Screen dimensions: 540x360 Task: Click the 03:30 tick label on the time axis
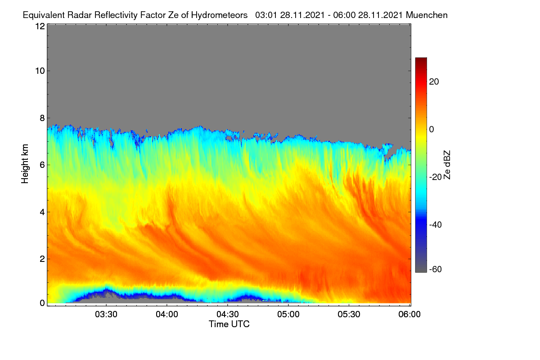click(106, 315)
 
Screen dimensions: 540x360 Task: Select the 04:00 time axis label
click(167, 315)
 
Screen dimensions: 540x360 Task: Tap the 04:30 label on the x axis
click(228, 315)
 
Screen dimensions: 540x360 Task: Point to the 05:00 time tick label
click(288, 315)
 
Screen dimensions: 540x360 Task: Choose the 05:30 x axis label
click(349, 315)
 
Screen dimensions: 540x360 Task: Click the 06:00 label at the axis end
click(409, 315)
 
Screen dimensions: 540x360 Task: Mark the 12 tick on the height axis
click(40, 26)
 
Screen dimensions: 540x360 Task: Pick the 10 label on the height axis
click(40, 71)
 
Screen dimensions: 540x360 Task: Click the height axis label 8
click(42, 118)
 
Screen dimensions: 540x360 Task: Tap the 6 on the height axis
click(42, 165)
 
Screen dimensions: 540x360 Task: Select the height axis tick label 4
click(42, 212)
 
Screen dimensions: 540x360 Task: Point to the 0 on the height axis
click(42, 303)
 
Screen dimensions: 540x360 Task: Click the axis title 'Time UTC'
click(229, 324)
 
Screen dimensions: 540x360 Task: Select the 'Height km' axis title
click(25, 164)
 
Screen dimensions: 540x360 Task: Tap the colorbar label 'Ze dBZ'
click(447, 165)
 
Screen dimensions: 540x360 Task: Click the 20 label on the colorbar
click(434, 82)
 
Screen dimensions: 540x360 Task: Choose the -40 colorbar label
click(436, 225)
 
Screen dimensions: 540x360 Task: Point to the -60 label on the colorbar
click(436, 270)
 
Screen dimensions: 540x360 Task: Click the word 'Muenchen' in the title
click(427, 15)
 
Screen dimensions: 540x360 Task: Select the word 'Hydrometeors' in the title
click(219, 15)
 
